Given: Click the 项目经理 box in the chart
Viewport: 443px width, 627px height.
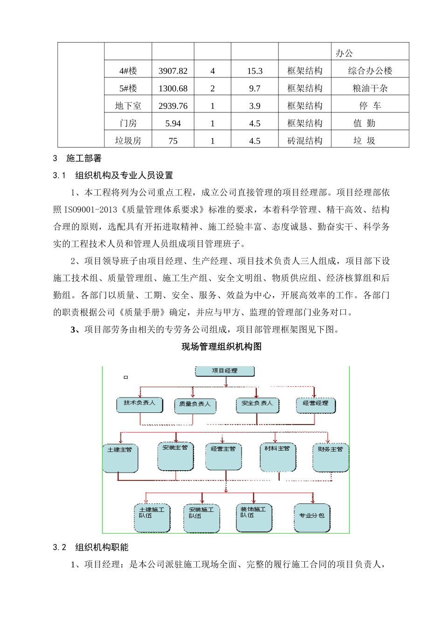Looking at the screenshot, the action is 225,371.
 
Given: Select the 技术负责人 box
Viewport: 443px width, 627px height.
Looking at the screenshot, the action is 140,404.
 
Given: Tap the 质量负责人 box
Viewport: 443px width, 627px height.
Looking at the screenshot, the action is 195,404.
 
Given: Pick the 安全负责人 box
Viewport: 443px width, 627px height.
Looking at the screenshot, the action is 257,404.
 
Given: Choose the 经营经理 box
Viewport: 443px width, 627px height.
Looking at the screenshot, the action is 316,404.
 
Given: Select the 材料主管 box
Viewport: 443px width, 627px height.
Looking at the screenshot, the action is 277,457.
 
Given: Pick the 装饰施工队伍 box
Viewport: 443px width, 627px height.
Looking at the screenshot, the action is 254,517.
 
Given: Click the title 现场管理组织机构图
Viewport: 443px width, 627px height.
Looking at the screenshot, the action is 221,347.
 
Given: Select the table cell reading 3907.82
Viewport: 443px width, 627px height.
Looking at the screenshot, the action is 173,71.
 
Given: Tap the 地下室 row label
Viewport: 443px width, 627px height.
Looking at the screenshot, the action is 128,106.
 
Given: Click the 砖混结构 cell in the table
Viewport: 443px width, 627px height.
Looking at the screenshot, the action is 305,141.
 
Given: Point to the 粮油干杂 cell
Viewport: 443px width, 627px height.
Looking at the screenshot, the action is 370,89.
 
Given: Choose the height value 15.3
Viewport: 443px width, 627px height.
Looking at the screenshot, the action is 255,71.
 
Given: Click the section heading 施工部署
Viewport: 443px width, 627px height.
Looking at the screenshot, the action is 84,159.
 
